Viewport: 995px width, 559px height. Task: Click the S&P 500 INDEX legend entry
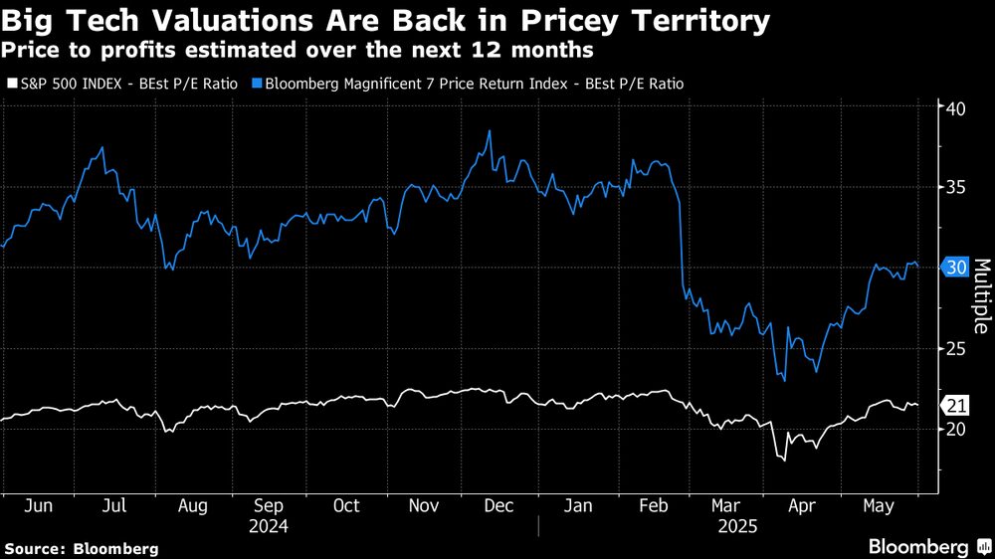(121, 85)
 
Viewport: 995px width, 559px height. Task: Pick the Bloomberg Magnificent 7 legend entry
(468, 85)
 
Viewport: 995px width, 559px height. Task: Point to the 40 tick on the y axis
(957, 107)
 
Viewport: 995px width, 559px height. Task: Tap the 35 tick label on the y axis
(957, 187)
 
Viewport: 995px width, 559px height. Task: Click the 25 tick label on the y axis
(957, 348)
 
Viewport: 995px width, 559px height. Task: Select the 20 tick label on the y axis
(957, 429)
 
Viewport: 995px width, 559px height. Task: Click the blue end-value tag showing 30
(957, 268)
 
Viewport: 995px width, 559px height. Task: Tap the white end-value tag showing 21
(957, 405)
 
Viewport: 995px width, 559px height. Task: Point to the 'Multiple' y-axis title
(979, 295)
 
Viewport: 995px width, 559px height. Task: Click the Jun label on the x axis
(38, 505)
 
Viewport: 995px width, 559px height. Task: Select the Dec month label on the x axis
(499, 505)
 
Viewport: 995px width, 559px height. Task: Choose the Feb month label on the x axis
(652, 505)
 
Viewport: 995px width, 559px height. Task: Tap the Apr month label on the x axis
(803, 505)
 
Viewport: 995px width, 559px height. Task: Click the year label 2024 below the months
(269, 524)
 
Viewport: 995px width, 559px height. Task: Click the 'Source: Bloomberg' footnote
(81, 548)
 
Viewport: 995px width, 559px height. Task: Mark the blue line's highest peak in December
(489, 131)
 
